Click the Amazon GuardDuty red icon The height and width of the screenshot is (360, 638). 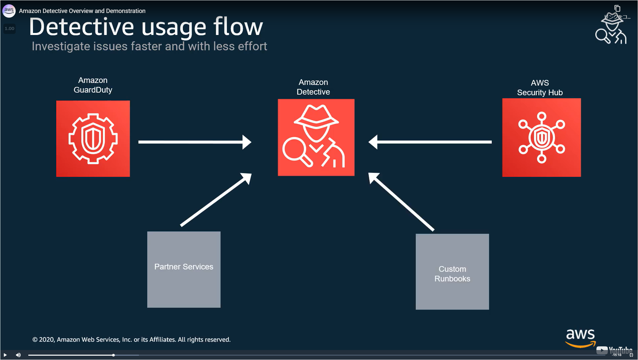pos(93,139)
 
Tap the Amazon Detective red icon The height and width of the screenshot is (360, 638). pos(316,137)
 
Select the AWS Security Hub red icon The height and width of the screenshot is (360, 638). pos(541,137)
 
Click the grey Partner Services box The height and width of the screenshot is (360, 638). pos(184,269)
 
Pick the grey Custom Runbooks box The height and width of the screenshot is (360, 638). pos(452,272)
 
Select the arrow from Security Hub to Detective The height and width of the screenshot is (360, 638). pos(430,142)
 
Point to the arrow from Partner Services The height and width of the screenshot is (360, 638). pos(215,200)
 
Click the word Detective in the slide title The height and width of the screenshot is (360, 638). pos(81,27)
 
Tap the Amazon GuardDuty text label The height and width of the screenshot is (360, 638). pos(93,85)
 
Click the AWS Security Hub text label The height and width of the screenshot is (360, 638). pos(540,88)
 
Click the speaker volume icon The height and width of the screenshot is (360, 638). pos(18,355)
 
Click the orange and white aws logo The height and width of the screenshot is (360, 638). pos(580,337)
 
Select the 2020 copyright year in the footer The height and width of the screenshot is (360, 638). pos(47,340)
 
